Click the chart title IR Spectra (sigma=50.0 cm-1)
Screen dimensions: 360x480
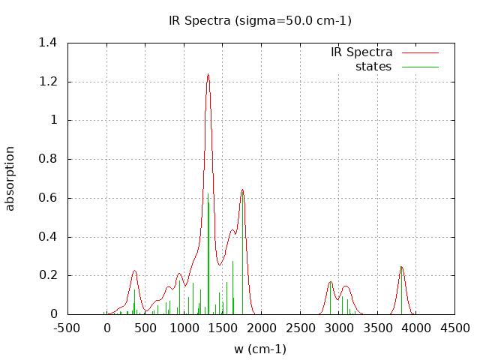coord(260,20)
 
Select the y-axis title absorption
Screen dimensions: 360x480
coord(10,178)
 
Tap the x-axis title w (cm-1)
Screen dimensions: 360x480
coord(260,349)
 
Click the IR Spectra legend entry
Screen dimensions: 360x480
coord(361,52)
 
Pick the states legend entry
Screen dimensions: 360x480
coord(373,67)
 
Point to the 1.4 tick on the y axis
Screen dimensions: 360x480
coord(48,43)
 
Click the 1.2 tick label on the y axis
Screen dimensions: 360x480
coord(48,82)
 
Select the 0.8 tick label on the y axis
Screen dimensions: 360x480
coord(48,159)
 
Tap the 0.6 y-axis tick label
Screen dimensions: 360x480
coord(48,198)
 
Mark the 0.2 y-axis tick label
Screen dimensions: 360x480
coord(48,275)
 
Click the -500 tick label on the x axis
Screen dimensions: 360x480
coord(67,328)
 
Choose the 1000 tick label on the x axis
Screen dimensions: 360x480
coord(184,328)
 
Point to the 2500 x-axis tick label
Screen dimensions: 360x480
coord(300,328)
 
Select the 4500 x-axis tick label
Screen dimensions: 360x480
coord(454,328)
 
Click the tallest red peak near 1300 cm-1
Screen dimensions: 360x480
coord(208,74)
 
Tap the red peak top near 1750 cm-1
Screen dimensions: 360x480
coord(242,190)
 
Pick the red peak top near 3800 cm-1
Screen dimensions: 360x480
coord(401,267)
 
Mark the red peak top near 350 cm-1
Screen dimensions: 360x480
coord(134,271)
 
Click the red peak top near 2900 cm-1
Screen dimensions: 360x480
coord(331,282)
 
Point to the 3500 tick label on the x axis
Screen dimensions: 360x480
coord(377,328)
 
